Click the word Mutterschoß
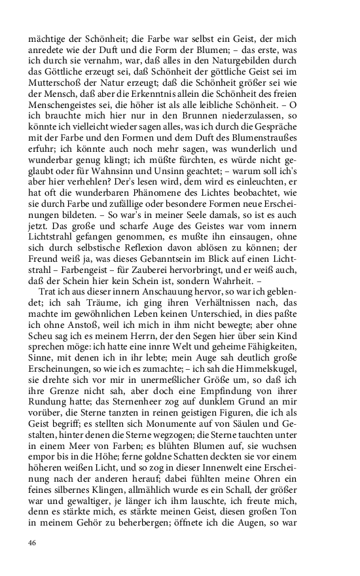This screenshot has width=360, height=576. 57,102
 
